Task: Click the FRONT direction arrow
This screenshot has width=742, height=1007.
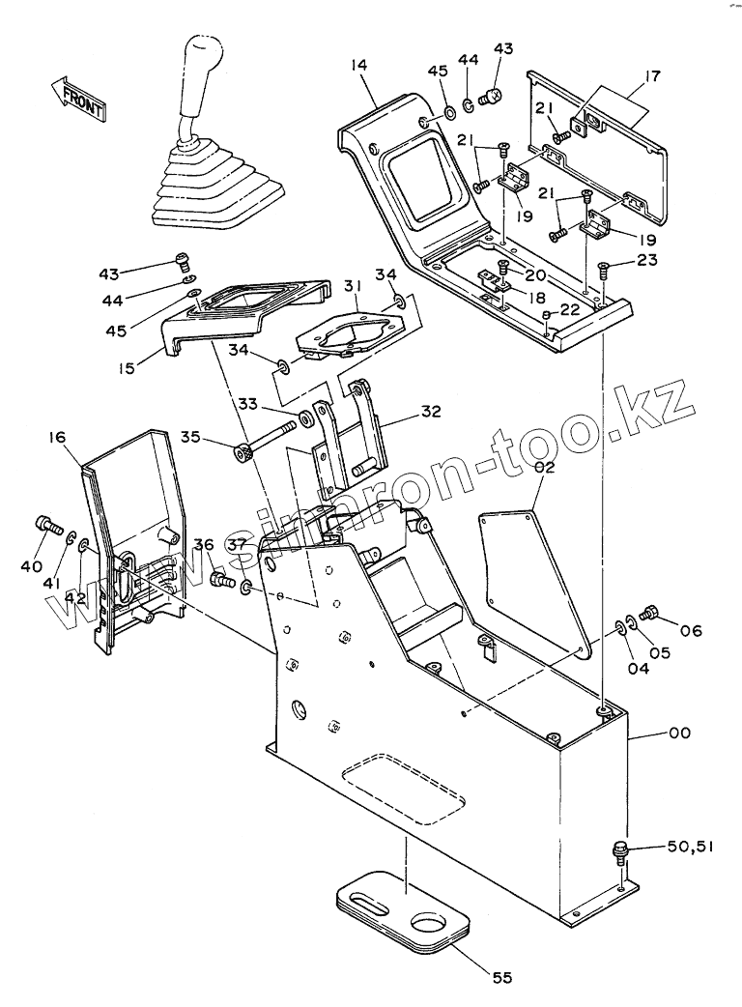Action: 76,97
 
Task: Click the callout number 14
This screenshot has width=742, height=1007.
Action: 359,67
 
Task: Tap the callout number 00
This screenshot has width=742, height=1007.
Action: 679,734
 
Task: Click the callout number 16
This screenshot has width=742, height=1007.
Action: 56,439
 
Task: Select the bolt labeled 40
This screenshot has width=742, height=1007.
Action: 46,525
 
